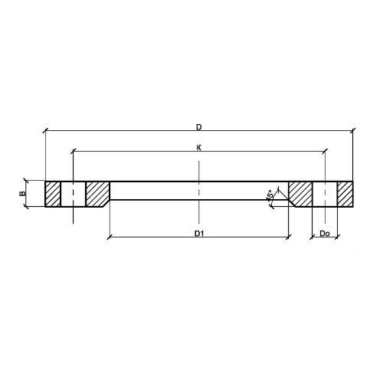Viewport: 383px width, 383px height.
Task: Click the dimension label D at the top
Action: [199, 127]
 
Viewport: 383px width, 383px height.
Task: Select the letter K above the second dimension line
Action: [199, 148]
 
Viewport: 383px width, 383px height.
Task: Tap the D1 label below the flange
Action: [199, 233]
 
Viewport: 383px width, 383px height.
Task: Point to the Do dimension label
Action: [325, 233]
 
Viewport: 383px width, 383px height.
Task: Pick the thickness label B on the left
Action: [22, 193]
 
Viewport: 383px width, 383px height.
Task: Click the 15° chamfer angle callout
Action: [270, 195]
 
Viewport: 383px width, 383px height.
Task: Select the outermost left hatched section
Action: [53, 194]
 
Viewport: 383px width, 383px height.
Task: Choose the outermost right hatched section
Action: [345, 194]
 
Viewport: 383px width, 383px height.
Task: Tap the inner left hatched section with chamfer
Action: [97, 194]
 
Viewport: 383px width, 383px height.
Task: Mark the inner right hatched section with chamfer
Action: [300, 194]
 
